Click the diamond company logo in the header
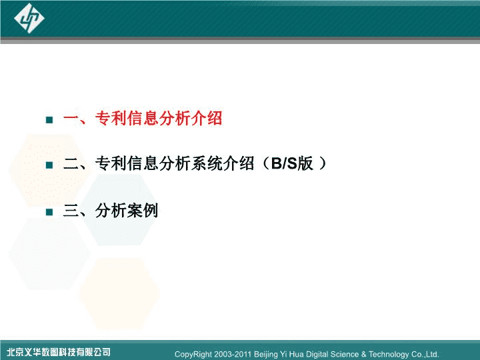tap(29, 18)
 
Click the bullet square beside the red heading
tap(49, 120)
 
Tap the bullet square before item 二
tap(49, 165)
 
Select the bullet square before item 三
tap(49, 212)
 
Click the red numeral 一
tap(71, 119)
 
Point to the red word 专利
tap(111, 118)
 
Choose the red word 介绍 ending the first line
tap(207, 118)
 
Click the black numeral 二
tap(71, 163)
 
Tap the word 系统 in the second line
tap(207, 163)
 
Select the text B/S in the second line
tap(284, 163)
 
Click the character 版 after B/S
tap(305, 163)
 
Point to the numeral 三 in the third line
tap(71, 210)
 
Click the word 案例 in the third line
tap(143, 210)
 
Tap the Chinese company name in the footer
tap(59, 352)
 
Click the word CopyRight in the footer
tap(193, 355)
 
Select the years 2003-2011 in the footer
tap(233, 354)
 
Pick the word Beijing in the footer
tap(266, 355)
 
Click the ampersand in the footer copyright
tap(364, 354)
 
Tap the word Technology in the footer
tap(389, 355)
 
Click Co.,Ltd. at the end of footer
tap(425, 354)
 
